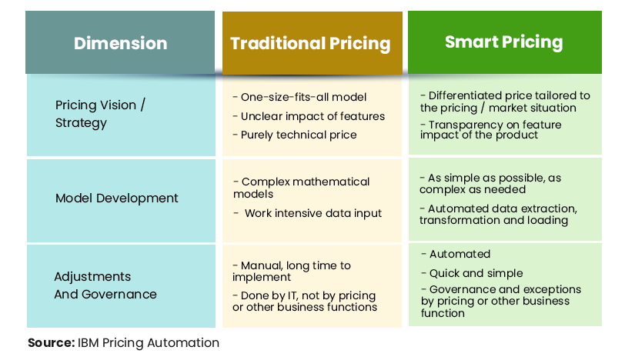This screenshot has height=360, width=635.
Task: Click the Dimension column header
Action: click(120, 43)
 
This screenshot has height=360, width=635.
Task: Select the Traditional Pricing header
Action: click(311, 43)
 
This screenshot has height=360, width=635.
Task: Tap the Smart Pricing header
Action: click(503, 42)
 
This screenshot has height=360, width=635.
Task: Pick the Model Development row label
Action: click(117, 198)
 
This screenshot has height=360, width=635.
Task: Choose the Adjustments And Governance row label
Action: click(105, 285)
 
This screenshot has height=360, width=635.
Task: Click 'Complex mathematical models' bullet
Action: click(301, 188)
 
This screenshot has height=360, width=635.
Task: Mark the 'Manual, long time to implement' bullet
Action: click(292, 271)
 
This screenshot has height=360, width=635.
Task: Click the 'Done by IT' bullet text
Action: click(304, 302)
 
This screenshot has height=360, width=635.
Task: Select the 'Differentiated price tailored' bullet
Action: click(505, 102)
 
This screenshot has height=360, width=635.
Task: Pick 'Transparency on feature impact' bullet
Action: click(491, 129)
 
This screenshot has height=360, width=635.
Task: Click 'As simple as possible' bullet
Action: click(490, 184)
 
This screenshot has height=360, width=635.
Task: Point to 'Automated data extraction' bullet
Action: click(498, 214)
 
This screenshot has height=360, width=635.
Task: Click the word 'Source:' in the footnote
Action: click(51, 342)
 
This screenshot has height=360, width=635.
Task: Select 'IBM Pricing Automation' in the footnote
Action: click(149, 342)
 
